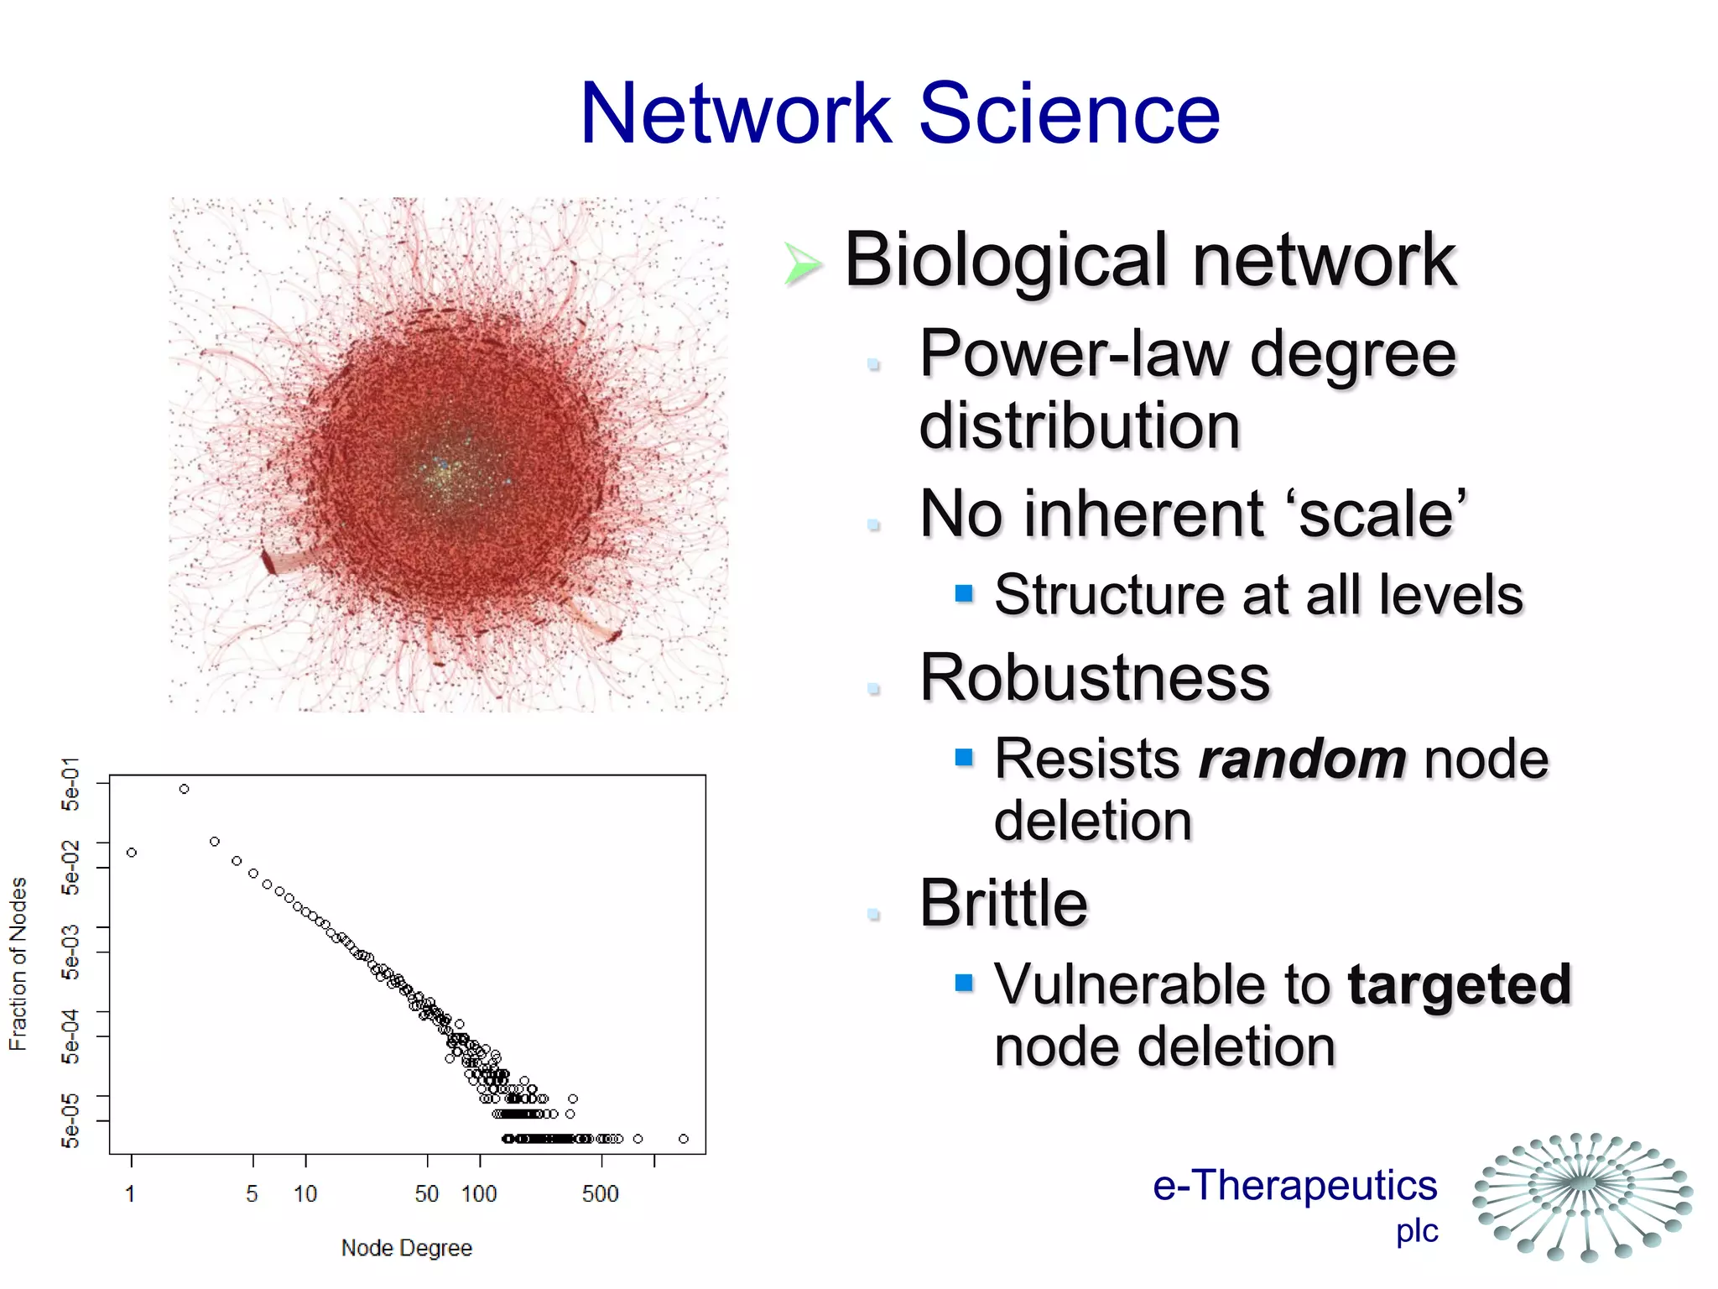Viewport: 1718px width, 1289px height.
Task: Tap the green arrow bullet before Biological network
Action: click(x=802, y=264)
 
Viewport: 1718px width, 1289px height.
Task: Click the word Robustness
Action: click(x=1095, y=677)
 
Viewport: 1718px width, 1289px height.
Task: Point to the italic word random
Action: click(x=1302, y=759)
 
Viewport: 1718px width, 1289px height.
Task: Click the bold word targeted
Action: click(x=1459, y=984)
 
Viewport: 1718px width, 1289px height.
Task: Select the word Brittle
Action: click(x=1003, y=903)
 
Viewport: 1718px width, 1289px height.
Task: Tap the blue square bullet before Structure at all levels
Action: click(x=964, y=594)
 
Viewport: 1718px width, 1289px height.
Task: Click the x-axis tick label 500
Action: click(x=600, y=1194)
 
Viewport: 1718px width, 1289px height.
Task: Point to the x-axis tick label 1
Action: click(x=130, y=1194)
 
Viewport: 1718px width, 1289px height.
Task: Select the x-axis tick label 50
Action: click(x=426, y=1194)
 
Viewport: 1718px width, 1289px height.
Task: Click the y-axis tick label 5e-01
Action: click(x=71, y=784)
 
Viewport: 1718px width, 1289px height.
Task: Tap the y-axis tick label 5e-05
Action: click(x=71, y=1120)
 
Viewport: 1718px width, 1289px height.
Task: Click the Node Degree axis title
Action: click(x=406, y=1248)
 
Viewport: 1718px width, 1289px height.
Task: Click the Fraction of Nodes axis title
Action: click(x=18, y=963)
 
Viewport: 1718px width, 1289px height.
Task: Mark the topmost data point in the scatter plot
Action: click(x=184, y=789)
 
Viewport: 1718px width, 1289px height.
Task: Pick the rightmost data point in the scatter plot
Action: click(x=684, y=1139)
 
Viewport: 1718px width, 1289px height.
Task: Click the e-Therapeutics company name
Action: click(x=1294, y=1186)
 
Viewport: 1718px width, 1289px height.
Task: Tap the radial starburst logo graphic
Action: click(x=1583, y=1196)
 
